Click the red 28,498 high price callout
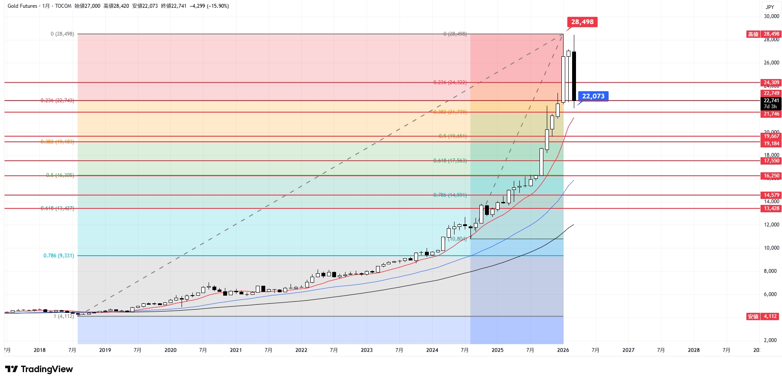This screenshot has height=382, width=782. [582, 22]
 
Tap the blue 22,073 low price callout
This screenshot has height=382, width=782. [593, 96]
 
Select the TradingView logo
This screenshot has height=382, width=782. [39, 369]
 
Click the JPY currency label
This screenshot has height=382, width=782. [770, 7]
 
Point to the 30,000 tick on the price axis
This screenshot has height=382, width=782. [771, 16]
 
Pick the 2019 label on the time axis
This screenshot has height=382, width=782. [105, 350]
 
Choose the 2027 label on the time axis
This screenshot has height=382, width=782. [628, 350]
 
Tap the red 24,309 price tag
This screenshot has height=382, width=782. [771, 83]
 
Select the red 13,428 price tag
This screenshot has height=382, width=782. [771, 208]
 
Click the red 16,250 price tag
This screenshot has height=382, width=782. [771, 176]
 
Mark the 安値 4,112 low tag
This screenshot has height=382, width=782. [763, 316]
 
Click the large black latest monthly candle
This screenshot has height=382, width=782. [574, 76]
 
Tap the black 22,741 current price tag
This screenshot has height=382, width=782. [771, 101]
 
